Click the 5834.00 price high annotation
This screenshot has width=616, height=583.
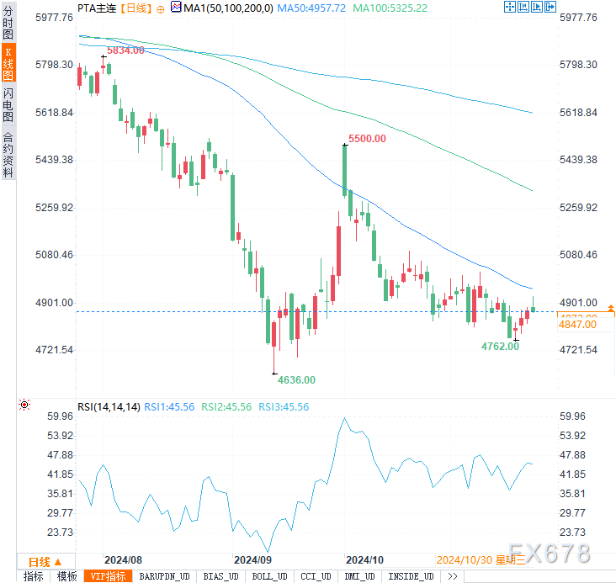click(x=125, y=50)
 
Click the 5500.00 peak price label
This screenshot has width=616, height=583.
click(x=367, y=138)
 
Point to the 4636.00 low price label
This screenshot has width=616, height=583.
click(x=297, y=379)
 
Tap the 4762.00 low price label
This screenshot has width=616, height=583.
click(x=500, y=346)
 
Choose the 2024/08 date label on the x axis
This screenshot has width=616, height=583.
click(x=123, y=559)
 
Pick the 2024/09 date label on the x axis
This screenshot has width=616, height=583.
click(x=252, y=559)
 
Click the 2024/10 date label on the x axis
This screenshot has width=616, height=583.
click(x=365, y=559)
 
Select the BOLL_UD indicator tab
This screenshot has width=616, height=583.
click(x=269, y=576)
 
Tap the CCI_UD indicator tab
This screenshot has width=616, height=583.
click(x=317, y=576)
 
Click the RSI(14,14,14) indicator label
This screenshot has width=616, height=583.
click(x=108, y=406)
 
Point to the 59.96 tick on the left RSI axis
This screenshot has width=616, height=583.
click(x=61, y=416)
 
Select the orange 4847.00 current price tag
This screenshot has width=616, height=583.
click(x=577, y=323)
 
